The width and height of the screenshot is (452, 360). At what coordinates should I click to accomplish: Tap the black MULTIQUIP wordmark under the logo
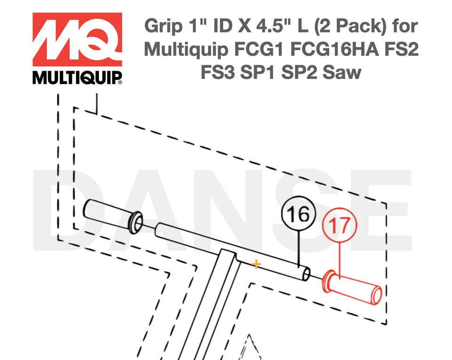point(77,78)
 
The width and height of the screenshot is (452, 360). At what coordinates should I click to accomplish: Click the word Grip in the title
point(162,26)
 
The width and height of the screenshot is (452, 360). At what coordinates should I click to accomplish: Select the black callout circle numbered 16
point(298,215)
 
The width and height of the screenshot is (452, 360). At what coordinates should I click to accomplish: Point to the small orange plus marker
point(256,264)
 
